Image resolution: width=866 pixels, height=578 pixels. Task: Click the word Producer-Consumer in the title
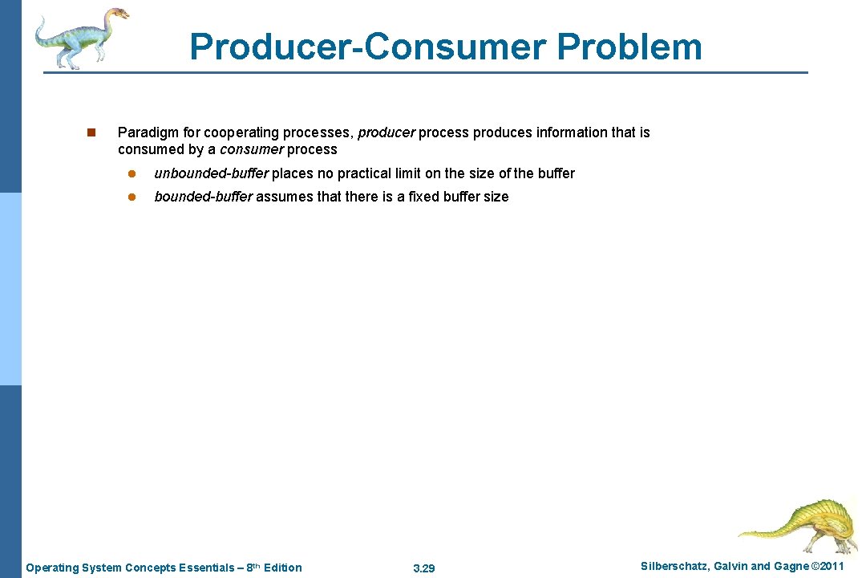[x=367, y=47]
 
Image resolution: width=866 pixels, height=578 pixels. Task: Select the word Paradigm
[x=145, y=132]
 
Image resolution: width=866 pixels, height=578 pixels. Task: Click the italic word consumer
[x=251, y=149]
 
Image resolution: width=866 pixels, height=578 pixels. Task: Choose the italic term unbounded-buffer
[x=211, y=173]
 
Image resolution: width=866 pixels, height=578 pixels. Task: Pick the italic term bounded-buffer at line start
[x=203, y=197]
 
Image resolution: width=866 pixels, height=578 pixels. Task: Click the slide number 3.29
[x=423, y=568]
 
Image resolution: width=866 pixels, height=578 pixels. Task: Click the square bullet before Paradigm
[x=91, y=132]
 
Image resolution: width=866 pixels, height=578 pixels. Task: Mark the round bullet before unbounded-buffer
[x=137, y=173]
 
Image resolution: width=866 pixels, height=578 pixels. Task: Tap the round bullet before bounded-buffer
[x=137, y=197]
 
